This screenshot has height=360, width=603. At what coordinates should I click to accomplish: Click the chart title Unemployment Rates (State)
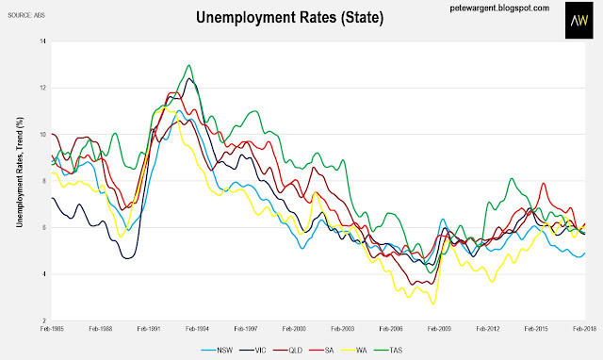pos(289,17)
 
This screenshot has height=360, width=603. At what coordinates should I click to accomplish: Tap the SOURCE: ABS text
pos(26,15)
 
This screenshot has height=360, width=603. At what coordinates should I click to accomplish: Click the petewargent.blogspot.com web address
pos(499,8)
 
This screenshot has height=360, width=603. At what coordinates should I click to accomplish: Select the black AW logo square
pos(579,20)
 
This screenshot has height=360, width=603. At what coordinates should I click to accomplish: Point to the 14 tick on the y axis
pos(42,41)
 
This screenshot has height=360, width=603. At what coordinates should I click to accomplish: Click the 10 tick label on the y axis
pos(42,135)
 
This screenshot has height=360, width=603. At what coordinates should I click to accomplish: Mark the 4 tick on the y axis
pos(44,274)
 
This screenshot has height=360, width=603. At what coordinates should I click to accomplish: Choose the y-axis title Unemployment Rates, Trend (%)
pos(20,172)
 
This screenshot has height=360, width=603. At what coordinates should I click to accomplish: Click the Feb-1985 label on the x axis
pos(52,329)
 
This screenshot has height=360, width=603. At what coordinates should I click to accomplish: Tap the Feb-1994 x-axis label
pos(197,329)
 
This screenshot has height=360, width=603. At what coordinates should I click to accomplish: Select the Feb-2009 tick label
pos(440,329)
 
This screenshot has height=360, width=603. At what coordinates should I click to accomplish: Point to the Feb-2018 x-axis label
pos(584,329)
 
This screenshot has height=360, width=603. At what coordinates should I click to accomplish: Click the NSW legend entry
pos(217,351)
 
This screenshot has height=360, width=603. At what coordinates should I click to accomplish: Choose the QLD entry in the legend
pos(288,351)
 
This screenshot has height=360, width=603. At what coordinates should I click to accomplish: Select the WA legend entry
pos(354,351)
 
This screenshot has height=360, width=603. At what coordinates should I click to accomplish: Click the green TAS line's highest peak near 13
pos(188,65)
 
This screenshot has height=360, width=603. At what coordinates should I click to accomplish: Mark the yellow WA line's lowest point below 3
pos(433,303)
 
